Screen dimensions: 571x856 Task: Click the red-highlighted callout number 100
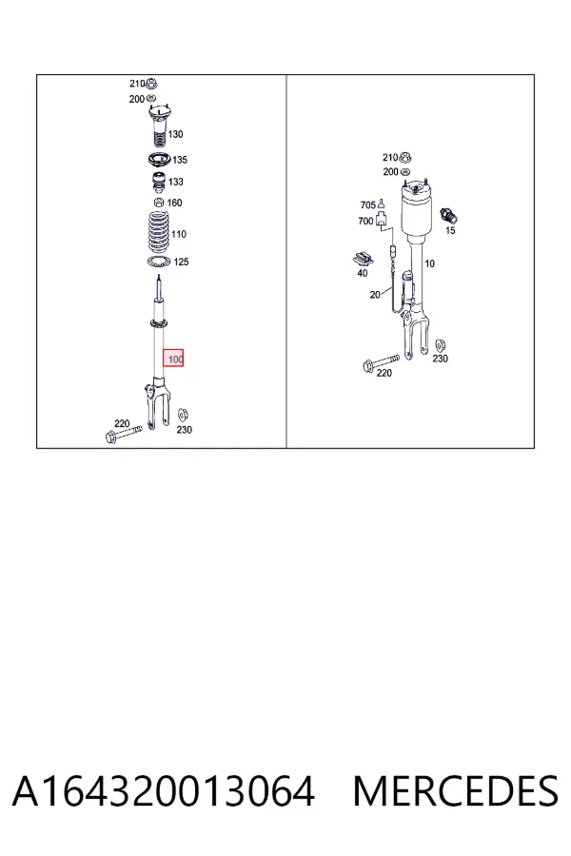[x=175, y=360]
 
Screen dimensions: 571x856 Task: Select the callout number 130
[x=175, y=134]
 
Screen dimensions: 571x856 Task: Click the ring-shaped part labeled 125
[x=159, y=263]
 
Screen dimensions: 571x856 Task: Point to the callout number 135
[x=180, y=160]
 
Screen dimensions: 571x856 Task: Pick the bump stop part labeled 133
[x=158, y=183]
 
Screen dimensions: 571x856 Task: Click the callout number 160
[x=174, y=204]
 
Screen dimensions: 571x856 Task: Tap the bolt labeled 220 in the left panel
[x=124, y=434]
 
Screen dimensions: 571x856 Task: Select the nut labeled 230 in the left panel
[x=183, y=415]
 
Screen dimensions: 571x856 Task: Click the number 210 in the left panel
[x=137, y=84]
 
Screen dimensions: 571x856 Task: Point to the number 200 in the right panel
[x=391, y=172]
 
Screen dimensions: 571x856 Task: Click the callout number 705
[x=367, y=205]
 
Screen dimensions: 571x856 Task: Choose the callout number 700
[x=365, y=221]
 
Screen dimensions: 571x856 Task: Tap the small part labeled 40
[x=363, y=259]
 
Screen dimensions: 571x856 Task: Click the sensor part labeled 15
[x=448, y=215]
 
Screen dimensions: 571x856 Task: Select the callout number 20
[x=375, y=295]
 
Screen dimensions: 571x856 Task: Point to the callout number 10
[x=430, y=263]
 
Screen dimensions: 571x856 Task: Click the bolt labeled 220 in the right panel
[x=381, y=362]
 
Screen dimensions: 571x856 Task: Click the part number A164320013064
[x=164, y=791]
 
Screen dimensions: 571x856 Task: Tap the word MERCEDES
[x=456, y=791]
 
